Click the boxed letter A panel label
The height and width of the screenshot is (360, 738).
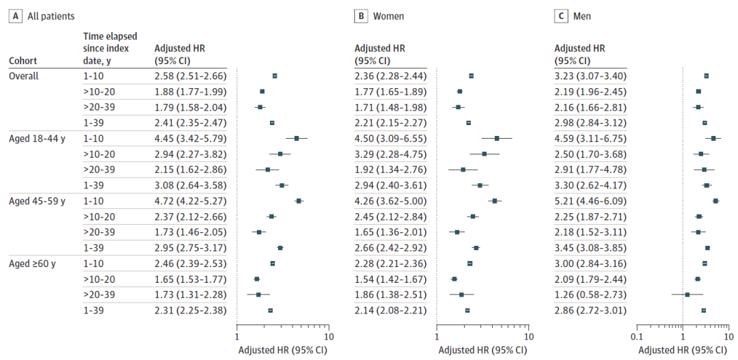(x=16, y=16)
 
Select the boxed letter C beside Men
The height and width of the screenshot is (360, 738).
(x=560, y=16)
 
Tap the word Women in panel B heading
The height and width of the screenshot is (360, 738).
(x=388, y=16)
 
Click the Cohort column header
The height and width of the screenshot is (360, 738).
(x=23, y=60)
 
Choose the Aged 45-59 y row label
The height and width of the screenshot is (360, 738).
(x=37, y=201)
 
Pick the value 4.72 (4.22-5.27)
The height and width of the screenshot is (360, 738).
(x=191, y=201)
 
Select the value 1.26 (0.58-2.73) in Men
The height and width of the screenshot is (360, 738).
(x=590, y=295)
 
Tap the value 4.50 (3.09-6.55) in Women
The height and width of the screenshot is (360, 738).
(x=390, y=139)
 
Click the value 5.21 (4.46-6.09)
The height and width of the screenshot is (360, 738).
(x=590, y=201)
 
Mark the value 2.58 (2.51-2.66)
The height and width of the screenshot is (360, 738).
(x=191, y=76)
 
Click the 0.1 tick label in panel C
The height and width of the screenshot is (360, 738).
(x=637, y=337)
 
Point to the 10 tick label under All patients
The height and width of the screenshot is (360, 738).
(x=329, y=337)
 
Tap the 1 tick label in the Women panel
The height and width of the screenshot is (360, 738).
(x=437, y=337)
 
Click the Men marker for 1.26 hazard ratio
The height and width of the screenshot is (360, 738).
(x=687, y=294)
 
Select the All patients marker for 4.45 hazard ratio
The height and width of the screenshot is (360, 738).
(x=297, y=139)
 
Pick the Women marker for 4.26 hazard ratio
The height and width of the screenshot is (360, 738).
(x=495, y=201)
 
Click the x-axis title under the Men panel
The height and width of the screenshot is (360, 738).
(x=683, y=350)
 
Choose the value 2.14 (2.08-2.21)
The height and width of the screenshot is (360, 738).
(x=390, y=311)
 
